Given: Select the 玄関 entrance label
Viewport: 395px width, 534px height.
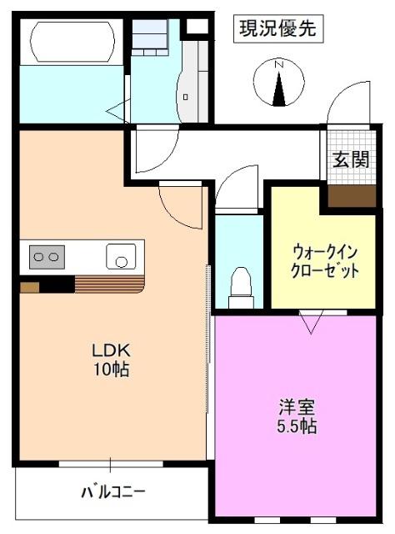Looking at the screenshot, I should (350, 159).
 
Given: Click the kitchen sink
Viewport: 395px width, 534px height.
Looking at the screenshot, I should (122, 256).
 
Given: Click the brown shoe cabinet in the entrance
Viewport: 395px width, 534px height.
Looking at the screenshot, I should (349, 196).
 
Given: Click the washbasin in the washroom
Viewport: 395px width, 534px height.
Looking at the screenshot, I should (187, 92).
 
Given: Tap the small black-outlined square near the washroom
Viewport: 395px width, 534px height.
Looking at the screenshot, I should (196, 27).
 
